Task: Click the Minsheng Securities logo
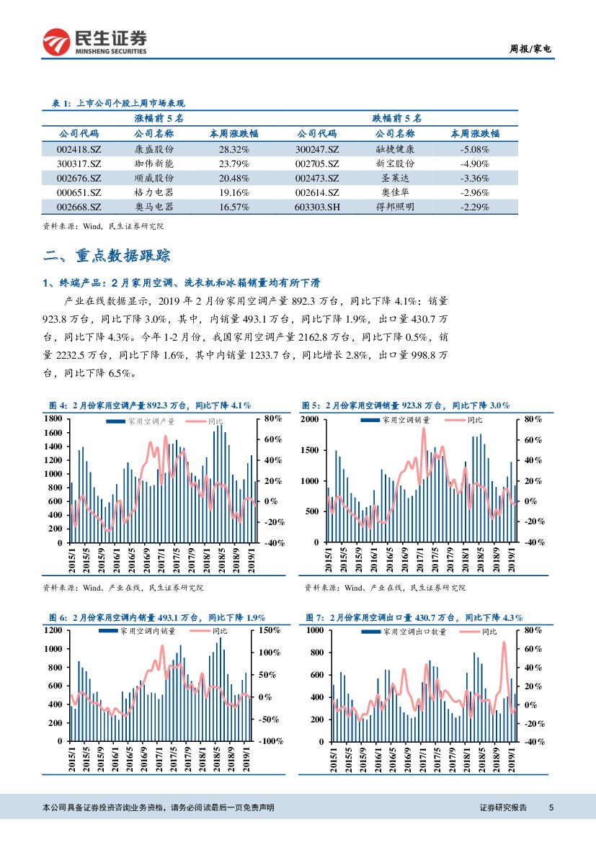(94, 42)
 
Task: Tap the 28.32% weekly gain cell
(233, 149)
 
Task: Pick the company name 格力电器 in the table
(154, 192)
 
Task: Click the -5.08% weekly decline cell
(474, 149)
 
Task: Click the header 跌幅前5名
(396, 117)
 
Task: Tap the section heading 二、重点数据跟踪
(107, 256)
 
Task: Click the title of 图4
(149, 406)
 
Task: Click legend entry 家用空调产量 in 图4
(151, 420)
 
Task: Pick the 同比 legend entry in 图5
(474, 419)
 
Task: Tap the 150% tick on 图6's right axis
(270, 630)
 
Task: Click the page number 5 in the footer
(551, 807)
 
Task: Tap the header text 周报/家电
(530, 50)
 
